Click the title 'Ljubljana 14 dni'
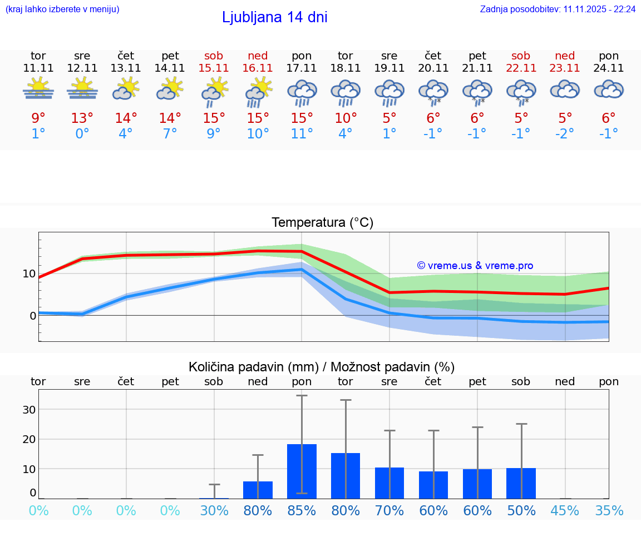point(274,17)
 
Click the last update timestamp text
point(558,9)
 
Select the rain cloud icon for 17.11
point(302,92)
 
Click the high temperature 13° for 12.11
point(82,118)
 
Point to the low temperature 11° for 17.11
point(302,134)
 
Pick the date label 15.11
point(214,68)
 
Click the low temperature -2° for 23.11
point(565,134)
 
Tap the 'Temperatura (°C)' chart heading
point(322,223)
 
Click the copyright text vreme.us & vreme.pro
point(475,266)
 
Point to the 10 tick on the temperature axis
point(29,274)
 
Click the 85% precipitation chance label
point(302,510)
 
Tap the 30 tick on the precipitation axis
point(29,410)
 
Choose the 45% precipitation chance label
point(565,510)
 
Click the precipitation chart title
point(322,367)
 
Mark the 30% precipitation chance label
point(214,510)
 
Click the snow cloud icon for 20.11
point(433,92)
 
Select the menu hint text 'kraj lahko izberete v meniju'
point(62,9)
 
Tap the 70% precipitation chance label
point(389,510)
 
